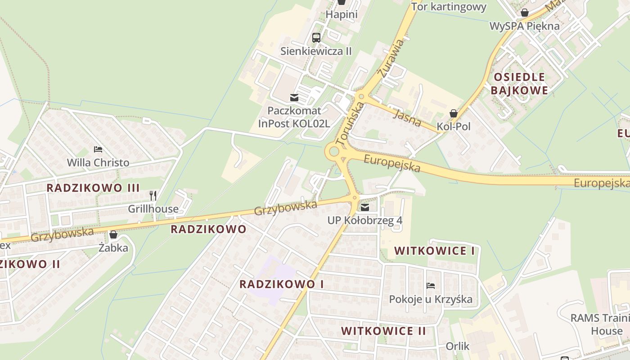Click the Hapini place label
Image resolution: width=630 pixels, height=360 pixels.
click(342, 14)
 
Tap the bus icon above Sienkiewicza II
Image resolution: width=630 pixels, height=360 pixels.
click(316, 38)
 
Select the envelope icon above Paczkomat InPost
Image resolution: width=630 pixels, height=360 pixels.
click(294, 98)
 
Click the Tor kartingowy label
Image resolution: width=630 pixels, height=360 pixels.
click(449, 7)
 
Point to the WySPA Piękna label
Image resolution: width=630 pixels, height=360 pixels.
click(525, 26)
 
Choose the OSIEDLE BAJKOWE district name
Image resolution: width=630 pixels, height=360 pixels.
click(519, 84)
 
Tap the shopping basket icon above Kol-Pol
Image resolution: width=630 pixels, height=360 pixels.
click(454, 113)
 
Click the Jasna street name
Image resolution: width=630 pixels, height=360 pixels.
click(407, 117)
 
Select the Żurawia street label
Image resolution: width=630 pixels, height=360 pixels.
click(390, 59)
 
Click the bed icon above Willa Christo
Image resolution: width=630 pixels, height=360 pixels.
click(98, 149)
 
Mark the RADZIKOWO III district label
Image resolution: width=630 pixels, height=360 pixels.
click(93, 188)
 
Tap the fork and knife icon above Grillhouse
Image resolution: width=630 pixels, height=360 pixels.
click(153, 196)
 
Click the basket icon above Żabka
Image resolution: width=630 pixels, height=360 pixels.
click(113, 234)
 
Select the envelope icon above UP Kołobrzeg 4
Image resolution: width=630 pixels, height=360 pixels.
click(365, 207)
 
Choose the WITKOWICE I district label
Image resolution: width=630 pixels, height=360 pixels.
click(434, 251)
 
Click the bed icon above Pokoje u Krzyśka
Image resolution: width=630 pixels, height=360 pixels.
click(431, 286)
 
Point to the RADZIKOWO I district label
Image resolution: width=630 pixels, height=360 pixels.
click(282, 284)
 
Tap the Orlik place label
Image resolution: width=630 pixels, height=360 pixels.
click(458, 346)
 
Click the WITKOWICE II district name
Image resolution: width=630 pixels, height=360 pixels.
click(383, 331)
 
